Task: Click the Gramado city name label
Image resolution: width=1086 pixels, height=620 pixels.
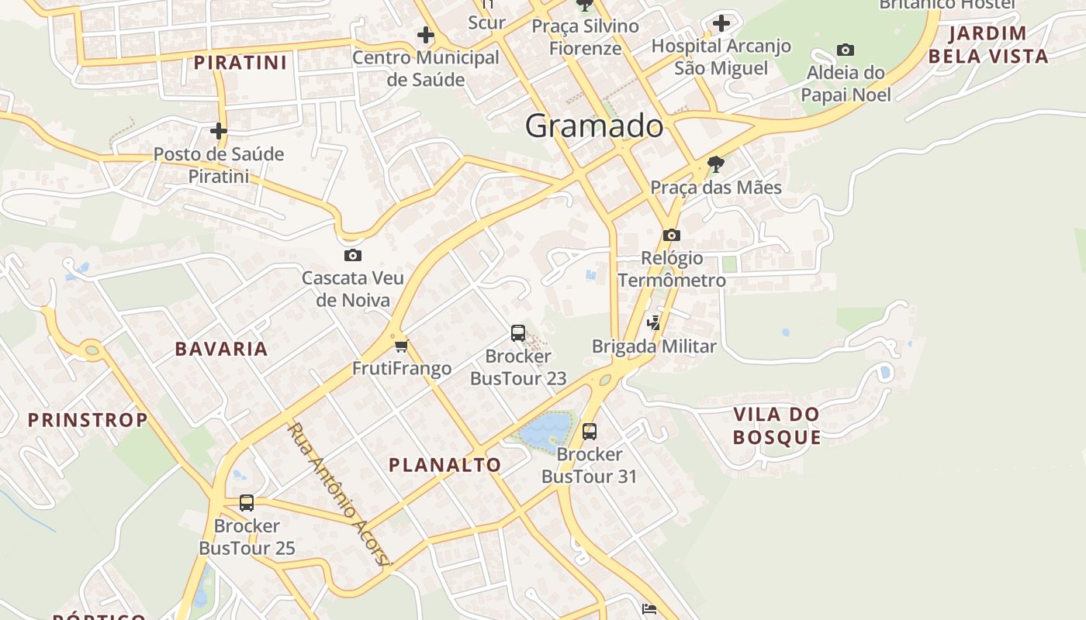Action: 594,126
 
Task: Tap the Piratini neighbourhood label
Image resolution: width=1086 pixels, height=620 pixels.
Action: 240,63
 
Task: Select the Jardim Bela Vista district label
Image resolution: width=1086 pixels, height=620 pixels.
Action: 988,45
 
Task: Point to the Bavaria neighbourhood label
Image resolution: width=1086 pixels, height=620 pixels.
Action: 221,349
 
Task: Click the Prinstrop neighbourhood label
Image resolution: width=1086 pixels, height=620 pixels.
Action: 88,420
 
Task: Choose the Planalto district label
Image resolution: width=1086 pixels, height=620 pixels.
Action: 444,465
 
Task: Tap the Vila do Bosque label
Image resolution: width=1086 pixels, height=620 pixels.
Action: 776,425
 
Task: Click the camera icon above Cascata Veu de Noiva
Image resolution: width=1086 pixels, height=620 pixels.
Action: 353,255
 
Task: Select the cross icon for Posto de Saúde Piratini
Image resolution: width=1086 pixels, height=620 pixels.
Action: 219,131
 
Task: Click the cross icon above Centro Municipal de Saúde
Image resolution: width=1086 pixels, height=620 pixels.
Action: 425,35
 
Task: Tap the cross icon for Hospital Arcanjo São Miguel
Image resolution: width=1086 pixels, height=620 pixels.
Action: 721,23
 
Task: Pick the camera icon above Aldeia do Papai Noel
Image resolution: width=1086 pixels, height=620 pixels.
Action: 846,50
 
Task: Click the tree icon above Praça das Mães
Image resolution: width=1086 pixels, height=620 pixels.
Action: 715,164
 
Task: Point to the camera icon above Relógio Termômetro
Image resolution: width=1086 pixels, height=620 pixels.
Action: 672,235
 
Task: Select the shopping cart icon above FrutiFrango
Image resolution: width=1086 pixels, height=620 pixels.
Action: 401,346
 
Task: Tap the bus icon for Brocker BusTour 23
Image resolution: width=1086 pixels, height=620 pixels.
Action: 518,333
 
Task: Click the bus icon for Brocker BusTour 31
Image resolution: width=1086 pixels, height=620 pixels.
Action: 590,431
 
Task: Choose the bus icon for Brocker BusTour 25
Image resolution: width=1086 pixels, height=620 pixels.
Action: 247,503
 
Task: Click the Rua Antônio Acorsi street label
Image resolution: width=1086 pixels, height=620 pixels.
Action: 338,494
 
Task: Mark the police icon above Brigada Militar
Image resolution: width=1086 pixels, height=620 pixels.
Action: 654,323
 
